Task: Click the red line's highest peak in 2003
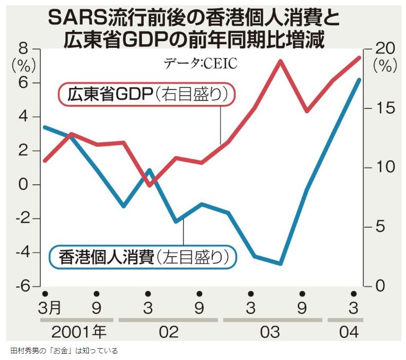pos(281,61)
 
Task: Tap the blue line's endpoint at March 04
pos(359,80)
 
